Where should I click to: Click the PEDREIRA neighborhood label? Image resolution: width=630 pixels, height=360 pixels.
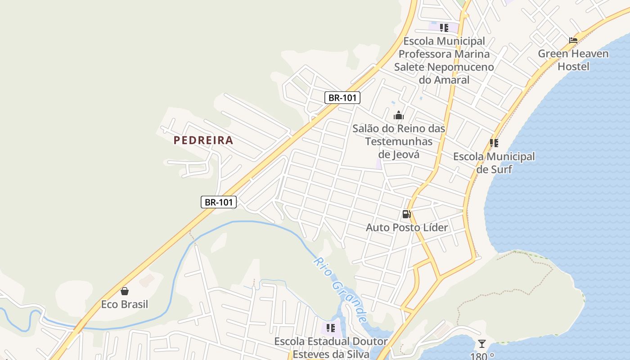tap(203, 140)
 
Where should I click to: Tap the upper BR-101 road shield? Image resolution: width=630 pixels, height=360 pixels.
tap(342, 98)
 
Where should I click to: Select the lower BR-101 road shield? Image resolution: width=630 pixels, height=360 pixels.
tap(219, 202)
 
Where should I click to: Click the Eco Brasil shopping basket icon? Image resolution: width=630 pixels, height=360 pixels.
tap(125, 292)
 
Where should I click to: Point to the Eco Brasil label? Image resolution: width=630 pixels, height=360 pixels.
tap(125, 305)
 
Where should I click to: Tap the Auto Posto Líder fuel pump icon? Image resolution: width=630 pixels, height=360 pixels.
tap(407, 214)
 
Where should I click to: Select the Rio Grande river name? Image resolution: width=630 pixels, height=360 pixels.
tap(341, 290)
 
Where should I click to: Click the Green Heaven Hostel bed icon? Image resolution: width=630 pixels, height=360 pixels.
tap(573, 40)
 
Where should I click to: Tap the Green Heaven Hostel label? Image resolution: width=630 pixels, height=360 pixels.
tap(573, 60)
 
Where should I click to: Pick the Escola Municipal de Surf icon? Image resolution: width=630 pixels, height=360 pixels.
tap(494, 143)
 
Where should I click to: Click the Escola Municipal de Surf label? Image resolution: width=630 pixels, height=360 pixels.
tap(494, 163)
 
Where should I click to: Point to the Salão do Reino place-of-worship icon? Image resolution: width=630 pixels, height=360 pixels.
tap(399, 116)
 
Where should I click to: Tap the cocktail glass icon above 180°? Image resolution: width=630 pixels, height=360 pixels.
tap(482, 344)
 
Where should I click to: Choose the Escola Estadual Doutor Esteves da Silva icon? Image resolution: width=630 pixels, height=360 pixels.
tap(331, 328)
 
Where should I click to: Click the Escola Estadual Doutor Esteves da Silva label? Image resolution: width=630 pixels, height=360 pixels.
tap(331, 348)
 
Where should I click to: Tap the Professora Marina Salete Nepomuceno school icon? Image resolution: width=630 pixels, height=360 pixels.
tap(444, 28)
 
